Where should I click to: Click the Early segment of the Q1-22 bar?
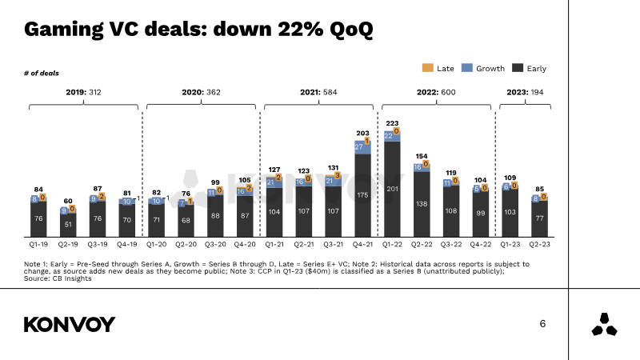pyautogui.click(x=392, y=189)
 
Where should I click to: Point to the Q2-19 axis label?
pyautogui.click(x=69, y=242)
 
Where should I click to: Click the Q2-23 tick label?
pyautogui.click(x=539, y=242)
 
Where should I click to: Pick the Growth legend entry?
pyautogui.click(x=484, y=69)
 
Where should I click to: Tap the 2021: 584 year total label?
pyautogui.click(x=319, y=93)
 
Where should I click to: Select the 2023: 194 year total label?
pyautogui.click(x=525, y=93)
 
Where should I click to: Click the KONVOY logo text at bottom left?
pyautogui.click(x=70, y=324)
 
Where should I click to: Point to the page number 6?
pyautogui.click(x=542, y=324)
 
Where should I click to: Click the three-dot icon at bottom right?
pyautogui.click(x=604, y=326)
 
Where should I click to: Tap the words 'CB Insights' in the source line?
pyautogui.click(x=70, y=278)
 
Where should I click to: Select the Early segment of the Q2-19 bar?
pyautogui.click(x=69, y=225)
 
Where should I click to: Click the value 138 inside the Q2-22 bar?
pyautogui.click(x=422, y=204)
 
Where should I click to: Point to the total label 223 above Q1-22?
pyautogui.click(x=392, y=123)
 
